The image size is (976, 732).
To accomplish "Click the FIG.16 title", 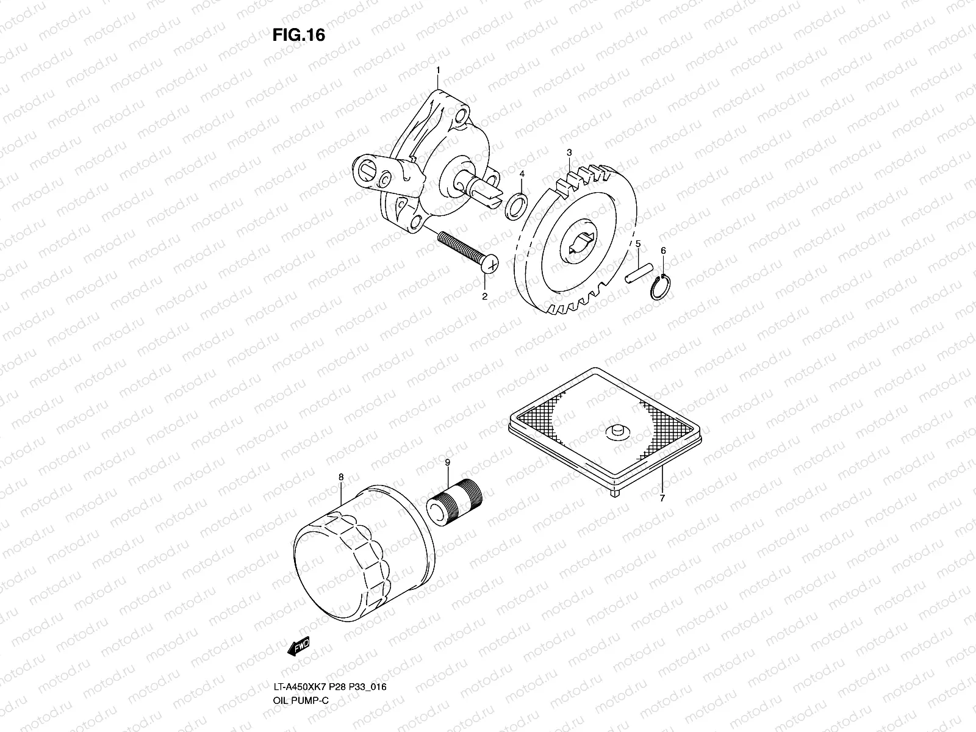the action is tap(298, 36).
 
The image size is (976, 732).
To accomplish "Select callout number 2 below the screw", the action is tap(485, 297).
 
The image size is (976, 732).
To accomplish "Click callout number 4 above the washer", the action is tap(522, 174).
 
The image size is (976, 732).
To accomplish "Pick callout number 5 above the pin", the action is tap(638, 244).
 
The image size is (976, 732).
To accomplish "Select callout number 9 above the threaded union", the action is tap(447, 463).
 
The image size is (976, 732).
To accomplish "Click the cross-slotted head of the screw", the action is tap(490, 265).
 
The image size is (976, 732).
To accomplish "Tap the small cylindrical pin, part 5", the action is tap(639, 271).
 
